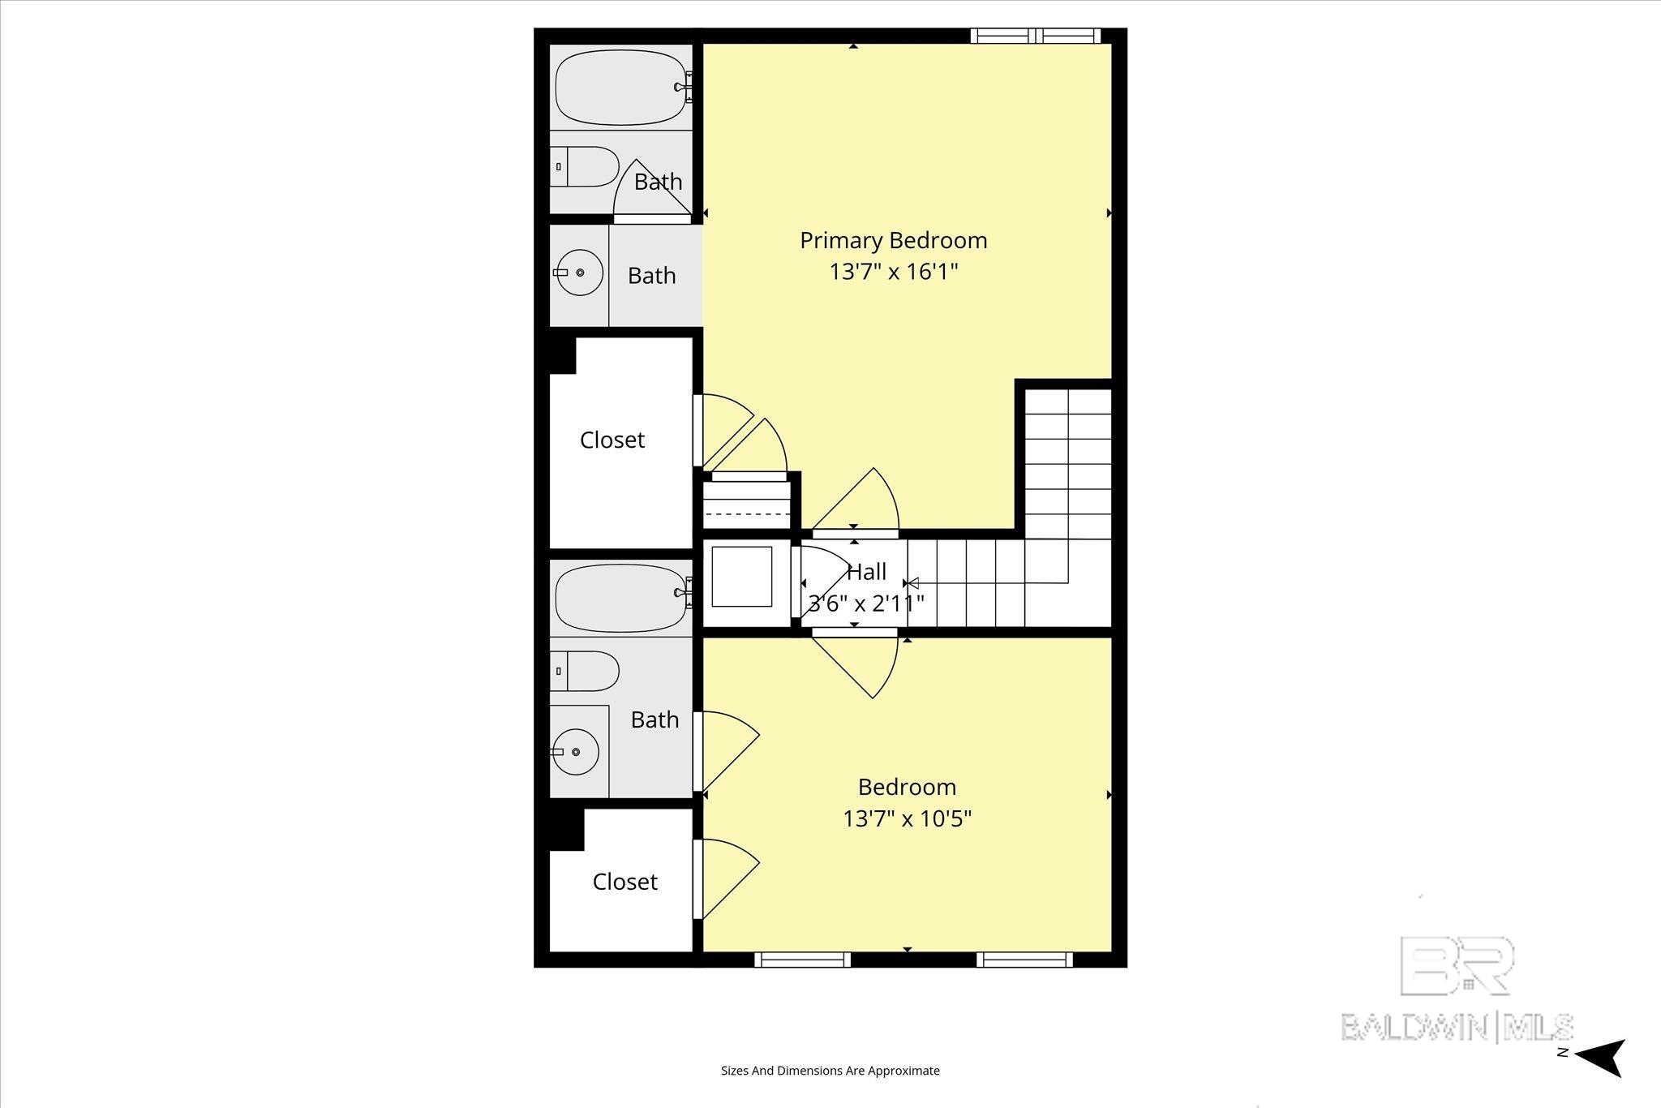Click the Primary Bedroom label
pos(893,240)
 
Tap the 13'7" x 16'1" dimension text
pos(893,272)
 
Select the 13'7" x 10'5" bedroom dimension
pos(907,818)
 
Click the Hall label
pos(866,573)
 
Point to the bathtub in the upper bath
pos(622,88)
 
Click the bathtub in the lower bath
pos(622,599)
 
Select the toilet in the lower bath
pos(586,672)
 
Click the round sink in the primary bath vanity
pos(580,273)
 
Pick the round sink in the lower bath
pos(576,752)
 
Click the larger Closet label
pos(612,440)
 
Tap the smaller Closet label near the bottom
pos(624,882)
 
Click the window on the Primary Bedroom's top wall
pos(1036,36)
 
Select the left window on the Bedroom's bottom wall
pos(802,960)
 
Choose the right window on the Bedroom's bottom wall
pos(1024,960)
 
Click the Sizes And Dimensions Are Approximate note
pos(830,1071)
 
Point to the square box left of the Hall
pos(741,577)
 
